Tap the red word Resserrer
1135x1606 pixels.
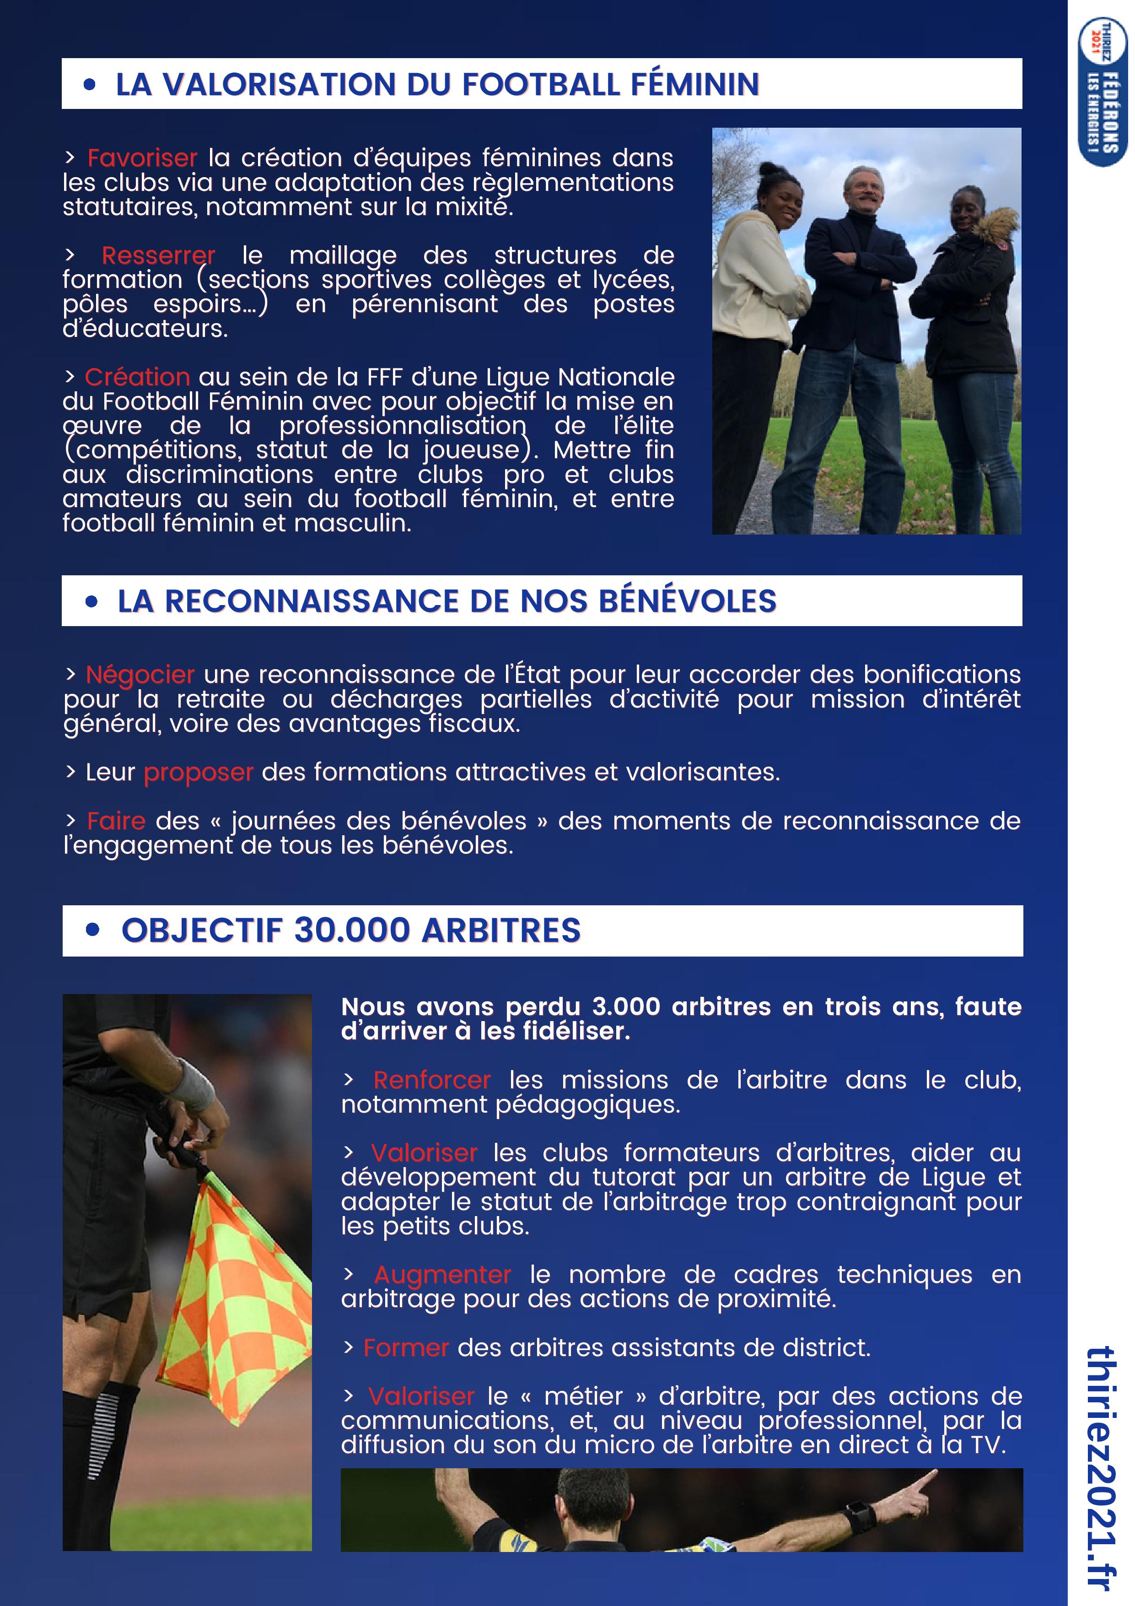click(158, 255)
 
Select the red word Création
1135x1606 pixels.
click(137, 377)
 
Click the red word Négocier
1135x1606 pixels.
click(140, 675)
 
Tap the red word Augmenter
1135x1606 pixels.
click(443, 1275)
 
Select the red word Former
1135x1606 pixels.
click(406, 1348)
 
